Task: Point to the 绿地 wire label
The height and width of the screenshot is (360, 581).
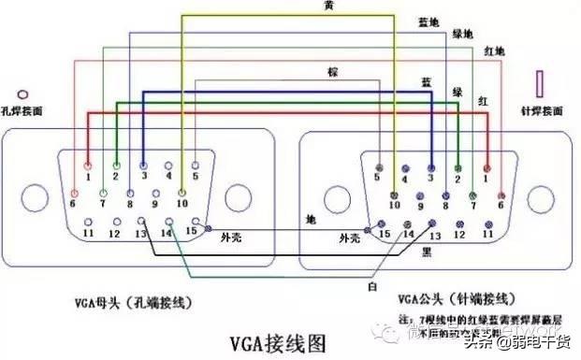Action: click(463, 34)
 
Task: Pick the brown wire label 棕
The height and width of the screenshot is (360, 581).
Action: click(331, 72)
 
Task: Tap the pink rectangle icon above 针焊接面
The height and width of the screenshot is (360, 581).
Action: click(540, 84)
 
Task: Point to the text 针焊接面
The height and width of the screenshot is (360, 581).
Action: click(542, 110)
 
